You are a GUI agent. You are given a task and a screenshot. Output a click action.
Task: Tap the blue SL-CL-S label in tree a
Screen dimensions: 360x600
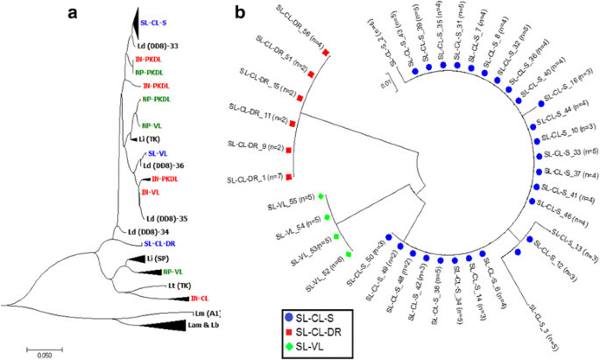coord(154,23)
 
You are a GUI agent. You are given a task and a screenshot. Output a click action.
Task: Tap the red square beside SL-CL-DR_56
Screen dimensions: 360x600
coord(325,53)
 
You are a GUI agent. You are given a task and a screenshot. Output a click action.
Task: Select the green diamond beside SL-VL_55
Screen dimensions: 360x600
coord(321,195)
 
